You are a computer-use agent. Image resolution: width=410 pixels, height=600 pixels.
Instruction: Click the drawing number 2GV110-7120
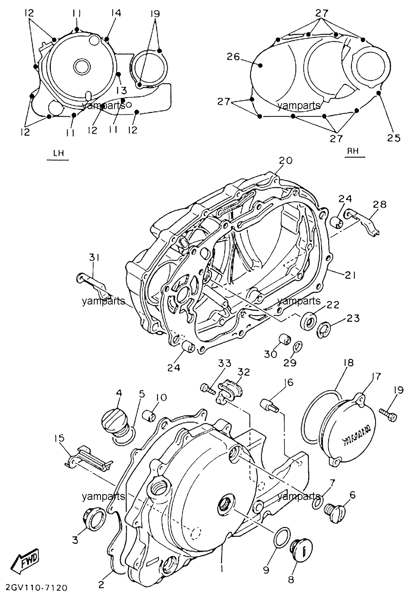point(35,587)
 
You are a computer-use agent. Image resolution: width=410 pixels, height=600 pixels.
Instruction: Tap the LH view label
point(58,153)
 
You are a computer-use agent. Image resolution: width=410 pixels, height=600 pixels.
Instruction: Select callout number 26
point(233,57)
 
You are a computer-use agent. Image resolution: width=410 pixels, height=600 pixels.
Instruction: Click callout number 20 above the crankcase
point(286,160)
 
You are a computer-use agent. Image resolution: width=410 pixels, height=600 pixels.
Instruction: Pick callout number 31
point(94,258)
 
